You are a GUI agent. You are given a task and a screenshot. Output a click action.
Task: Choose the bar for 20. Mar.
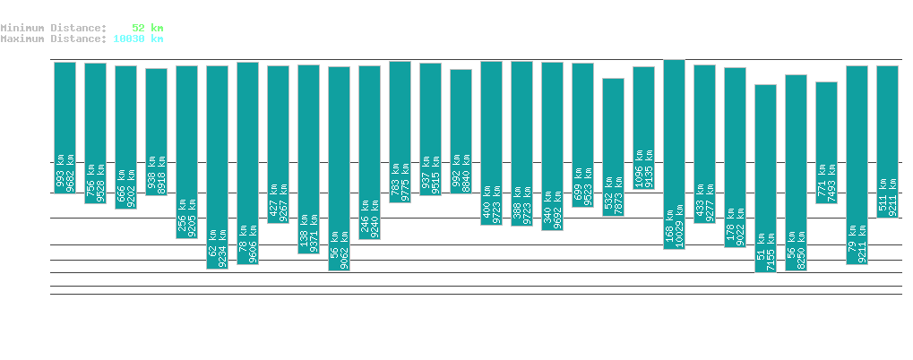pos(65,107)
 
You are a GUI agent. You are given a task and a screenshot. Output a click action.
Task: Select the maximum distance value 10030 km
pos(138,39)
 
